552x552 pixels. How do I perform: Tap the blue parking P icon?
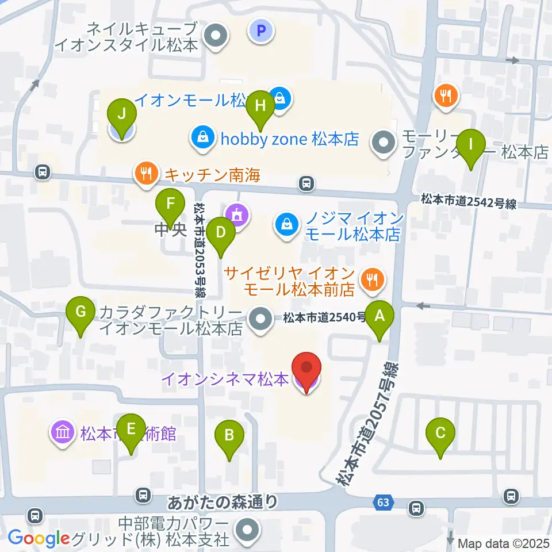coord(261,30)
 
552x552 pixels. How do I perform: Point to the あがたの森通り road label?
coord(223,503)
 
